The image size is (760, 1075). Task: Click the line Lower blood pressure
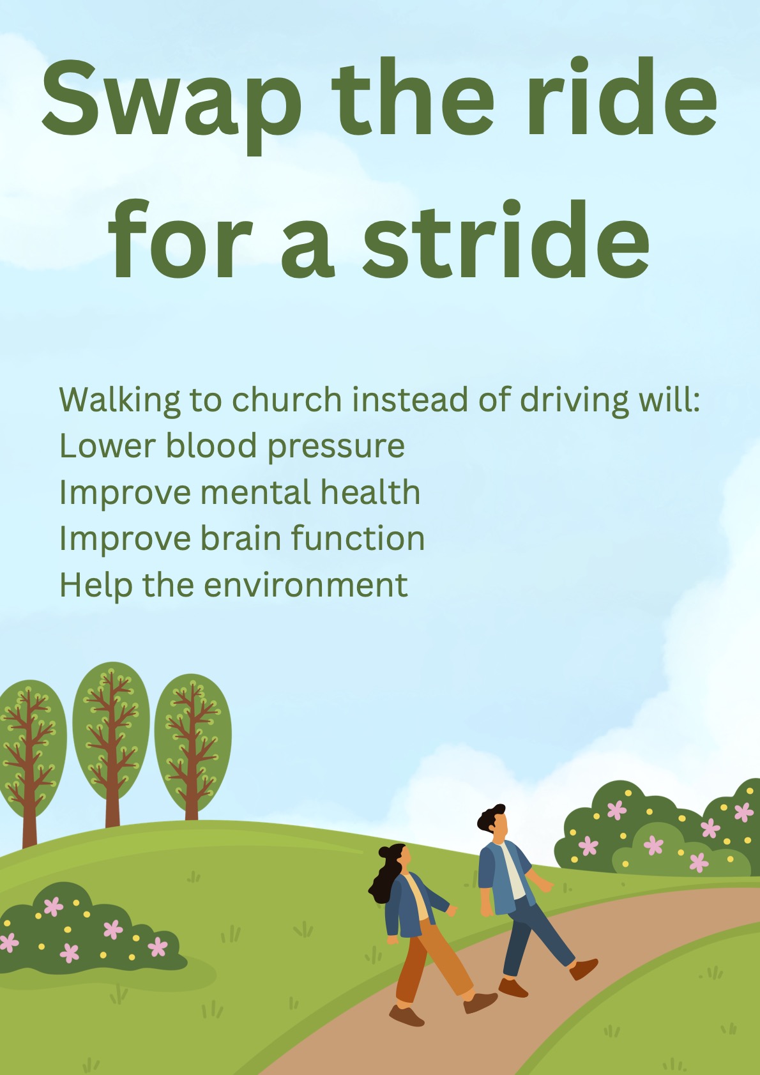tap(232, 446)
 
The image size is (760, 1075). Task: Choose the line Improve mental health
tap(239, 492)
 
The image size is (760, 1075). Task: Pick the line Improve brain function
tap(241, 538)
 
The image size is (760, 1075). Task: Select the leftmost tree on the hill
tap(29, 754)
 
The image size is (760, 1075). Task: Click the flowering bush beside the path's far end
tap(658, 830)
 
